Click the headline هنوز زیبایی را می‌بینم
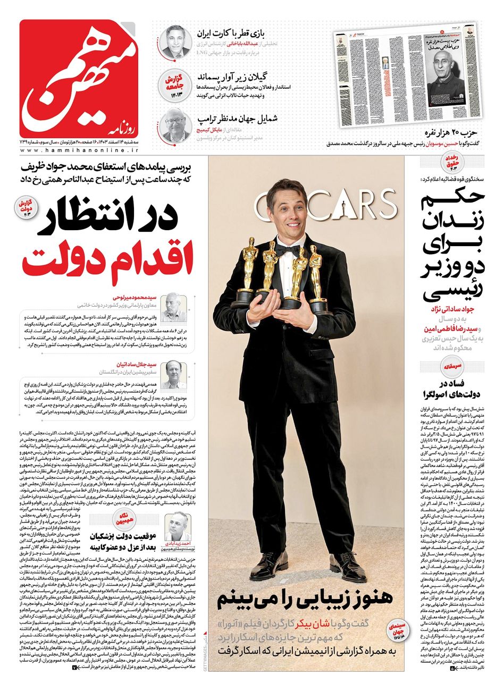[305, 599]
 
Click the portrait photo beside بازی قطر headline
[176, 41]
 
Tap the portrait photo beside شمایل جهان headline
[175, 124]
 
